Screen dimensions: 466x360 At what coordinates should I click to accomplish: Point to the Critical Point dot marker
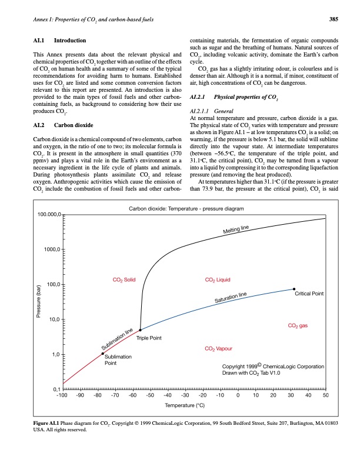tap(294, 289)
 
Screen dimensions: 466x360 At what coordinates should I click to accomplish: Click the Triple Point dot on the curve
tap(140, 330)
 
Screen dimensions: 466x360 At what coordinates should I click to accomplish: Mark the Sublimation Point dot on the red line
tap(102, 354)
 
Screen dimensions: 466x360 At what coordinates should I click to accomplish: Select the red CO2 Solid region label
tap(124, 279)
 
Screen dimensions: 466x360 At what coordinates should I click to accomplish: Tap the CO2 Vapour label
tap(218, 349)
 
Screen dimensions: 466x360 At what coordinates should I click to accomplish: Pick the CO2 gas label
tap(298, 325)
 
